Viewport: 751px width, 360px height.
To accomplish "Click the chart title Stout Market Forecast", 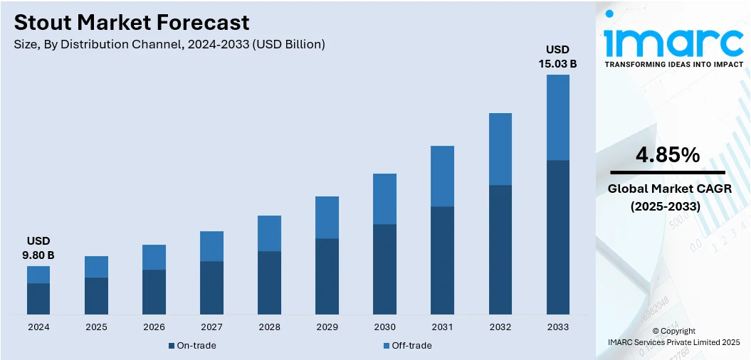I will pyautogui.click(x=132, y=22).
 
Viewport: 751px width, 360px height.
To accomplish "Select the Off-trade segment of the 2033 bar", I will pyautogui.click(x=558, y=117).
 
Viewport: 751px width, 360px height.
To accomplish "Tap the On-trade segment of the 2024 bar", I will pyautogui.click(x=38, y=299).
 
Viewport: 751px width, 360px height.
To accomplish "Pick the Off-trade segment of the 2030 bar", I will pyautogui.click(x=385, y=198).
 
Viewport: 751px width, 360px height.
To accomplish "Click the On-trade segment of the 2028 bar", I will pyautogui.click(x=269, y=282).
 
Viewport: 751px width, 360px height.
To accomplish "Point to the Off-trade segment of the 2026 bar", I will pyautogui.click(x=154, y=257).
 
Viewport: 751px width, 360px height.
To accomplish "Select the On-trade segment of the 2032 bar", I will pyautogui.click(x=500, y=249).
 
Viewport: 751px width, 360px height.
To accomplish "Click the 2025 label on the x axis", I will pyautogui.click(x=96, y=327).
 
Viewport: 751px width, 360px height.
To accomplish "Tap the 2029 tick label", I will pyautogui.click(x=327, y=327).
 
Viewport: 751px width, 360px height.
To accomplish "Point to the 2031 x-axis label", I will pyautogui.click(x=443, y=327).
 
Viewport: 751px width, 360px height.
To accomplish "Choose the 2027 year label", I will pyautogui.click(x=211, y=327).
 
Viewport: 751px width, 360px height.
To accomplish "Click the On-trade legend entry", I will pyautogui.click(x=192, y=346).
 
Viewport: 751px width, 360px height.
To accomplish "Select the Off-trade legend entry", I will pyautogui.click(x=407, y=346).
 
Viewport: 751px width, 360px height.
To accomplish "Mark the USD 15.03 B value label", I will pyautogui.click(x=557, y=56).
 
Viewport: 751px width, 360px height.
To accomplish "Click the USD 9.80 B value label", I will pyautogui.click(x=38, y=248).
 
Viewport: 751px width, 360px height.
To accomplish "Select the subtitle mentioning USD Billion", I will pyautogui.click(x=169, y=44).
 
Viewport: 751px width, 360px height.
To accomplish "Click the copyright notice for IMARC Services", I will pyautogui.click(x=673, y=337).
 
